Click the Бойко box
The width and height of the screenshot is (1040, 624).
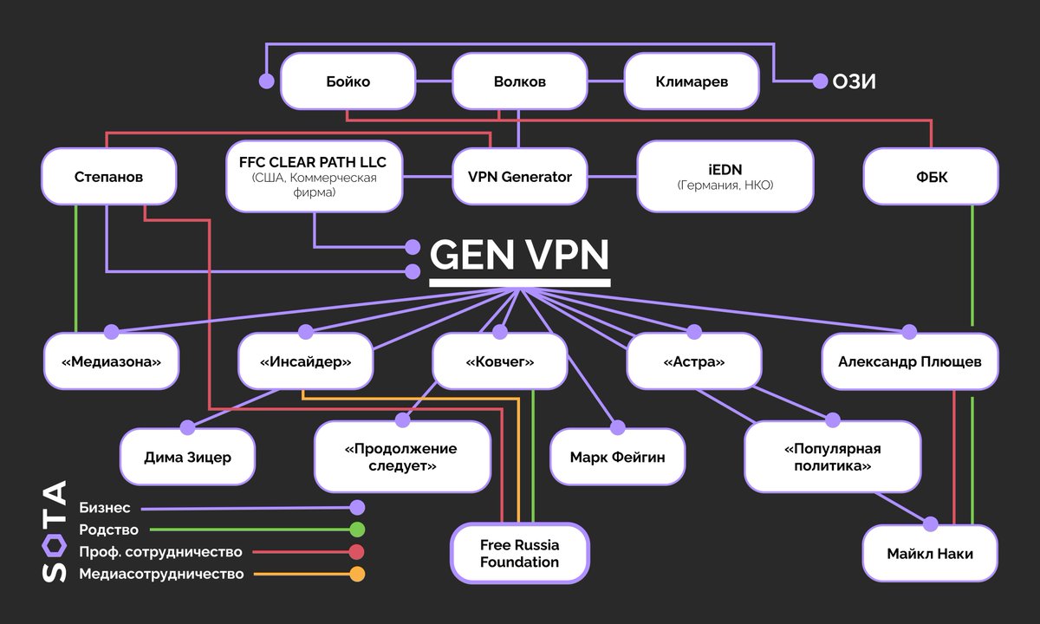coord(348,81)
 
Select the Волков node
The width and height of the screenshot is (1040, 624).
coord(519,81)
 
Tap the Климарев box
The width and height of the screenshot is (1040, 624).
coord(691,81)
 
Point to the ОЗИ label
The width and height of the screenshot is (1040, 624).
coord(855,81)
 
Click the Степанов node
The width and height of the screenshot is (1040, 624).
coord(108,177)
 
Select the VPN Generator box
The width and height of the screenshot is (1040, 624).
coord(519,177)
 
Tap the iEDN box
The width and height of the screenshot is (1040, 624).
coord(725,177)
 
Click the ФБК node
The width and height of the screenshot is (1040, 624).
coord(931,177)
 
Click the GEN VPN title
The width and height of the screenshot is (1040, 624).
coord(519,257)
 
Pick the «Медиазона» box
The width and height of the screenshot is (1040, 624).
coord(112,361)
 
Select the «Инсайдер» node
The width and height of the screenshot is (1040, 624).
coord(306,361)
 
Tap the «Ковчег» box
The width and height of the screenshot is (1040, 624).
coord(500,361)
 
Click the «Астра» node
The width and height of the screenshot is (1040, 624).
coord(693,361)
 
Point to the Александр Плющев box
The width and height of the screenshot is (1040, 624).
coord(909,361)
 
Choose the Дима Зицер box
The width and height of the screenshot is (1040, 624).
coord(188,456)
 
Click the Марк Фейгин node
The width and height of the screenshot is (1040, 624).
coord(618,456)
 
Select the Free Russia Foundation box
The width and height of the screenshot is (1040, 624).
coord(519,553)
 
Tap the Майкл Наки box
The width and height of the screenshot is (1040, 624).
coord(930,553)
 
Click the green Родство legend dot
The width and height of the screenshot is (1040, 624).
coord(356,530)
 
